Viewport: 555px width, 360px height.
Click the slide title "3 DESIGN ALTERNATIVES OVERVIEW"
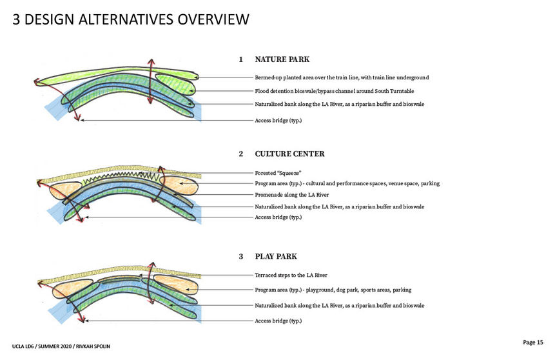(x=131, y=19)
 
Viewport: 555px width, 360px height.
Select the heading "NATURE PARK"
(x=282, y=59)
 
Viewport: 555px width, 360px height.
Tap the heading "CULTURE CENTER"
(x=289, y=154)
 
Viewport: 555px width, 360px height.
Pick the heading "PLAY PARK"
(x=276, y=256)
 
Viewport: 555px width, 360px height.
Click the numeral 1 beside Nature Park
(x=241, y=59)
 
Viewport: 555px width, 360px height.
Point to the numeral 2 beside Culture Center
(x=241, y=154)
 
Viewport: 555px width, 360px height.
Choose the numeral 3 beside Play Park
(x=241, y=256)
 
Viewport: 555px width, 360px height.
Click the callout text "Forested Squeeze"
(x=278, y=173)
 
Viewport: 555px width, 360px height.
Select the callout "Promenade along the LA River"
(x=292, y=195)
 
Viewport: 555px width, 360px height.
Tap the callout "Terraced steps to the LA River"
(x=291, y=275)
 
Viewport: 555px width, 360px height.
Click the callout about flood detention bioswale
(x=334, y=91)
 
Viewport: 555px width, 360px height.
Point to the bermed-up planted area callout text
(x=342, y=77)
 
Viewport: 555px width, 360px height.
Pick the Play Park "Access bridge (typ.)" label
(x=278, y=321)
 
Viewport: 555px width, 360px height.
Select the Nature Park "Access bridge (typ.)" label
(x=278, y=121)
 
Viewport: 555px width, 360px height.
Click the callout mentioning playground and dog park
(x=333, y=290)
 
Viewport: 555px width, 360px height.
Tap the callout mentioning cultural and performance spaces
(x=347, y=184)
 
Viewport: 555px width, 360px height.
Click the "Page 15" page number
(x=533, y=342)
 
